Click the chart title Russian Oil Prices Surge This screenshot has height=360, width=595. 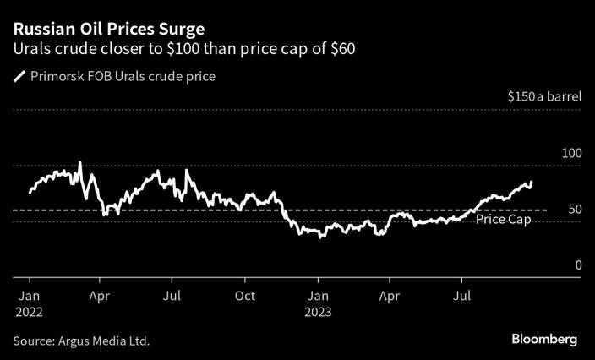click(107, 29)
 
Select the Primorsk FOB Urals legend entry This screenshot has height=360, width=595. click(123, 76)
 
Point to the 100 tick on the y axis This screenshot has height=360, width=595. click(571, 153)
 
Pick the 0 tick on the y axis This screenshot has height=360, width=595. click(578, 265)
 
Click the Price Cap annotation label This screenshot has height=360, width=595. click(503, 220)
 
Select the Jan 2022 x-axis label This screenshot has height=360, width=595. click(29, 297)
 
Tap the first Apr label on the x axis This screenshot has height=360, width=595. click(101, 297)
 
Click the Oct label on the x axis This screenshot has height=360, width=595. click(245, 297)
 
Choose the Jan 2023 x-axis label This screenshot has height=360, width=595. click(318, 297)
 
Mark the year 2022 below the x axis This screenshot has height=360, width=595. click(30, 311)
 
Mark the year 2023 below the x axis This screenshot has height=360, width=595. click(319, 311)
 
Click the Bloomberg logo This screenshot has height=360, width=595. click(544, 339)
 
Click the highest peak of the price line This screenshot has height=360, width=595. click(79, 161)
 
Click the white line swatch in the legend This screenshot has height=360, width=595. click(19, 77)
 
